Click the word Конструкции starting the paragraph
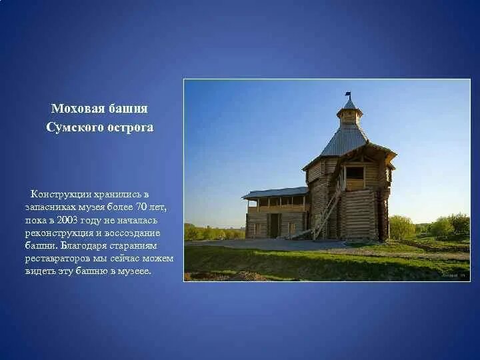[61, 194]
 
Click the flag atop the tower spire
[347, 95]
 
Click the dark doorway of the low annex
[274, 225]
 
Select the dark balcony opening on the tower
[355, 175]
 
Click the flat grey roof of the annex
[275, 193]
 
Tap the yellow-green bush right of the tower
[401, 227]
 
